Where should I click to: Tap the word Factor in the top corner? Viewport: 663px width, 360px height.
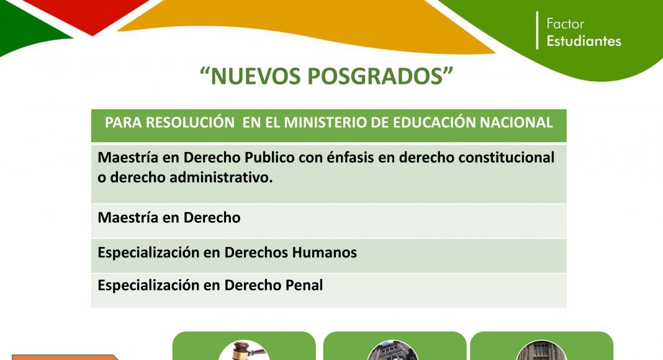tap(566, 24)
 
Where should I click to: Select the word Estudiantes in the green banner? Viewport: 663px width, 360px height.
tap(584, 41)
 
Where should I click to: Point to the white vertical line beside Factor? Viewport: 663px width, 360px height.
tap(538, 30)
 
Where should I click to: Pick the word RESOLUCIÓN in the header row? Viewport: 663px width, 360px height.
tap(191, 122)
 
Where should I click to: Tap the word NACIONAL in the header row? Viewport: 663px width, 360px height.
tap(516, 122)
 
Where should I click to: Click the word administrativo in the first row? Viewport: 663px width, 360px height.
tap(221, 178)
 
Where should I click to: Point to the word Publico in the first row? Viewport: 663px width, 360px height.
tap(270, 158)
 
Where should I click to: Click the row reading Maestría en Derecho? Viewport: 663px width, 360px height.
tap(169, 218)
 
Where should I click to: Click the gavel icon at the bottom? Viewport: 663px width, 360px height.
tap(245, 350)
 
